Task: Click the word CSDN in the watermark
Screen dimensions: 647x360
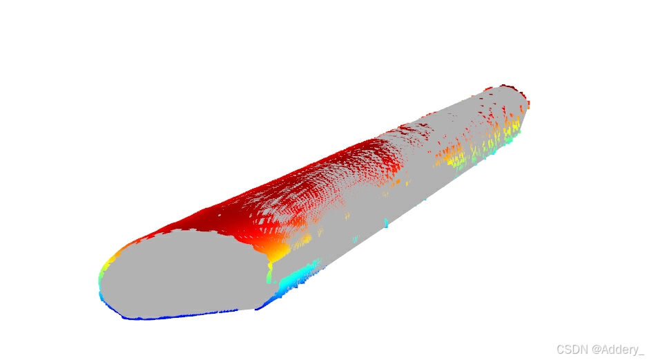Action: coord(572,349)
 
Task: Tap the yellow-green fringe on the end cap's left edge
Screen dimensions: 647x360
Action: coord(104,269)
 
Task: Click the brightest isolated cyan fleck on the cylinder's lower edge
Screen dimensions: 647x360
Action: coord(386,223)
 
